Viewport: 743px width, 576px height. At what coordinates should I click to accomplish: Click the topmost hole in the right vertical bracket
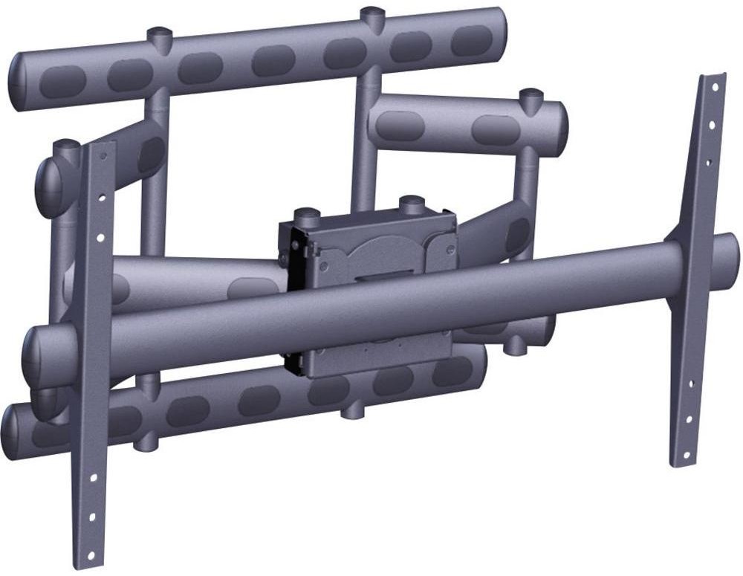point(715,87)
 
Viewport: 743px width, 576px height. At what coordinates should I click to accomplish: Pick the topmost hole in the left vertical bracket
point(103,157)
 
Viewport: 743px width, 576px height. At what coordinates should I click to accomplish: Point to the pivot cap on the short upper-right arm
point(531,96)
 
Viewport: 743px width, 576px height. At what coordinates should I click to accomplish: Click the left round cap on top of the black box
point(306,215)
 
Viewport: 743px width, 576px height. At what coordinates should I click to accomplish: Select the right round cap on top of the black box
point(411,201)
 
